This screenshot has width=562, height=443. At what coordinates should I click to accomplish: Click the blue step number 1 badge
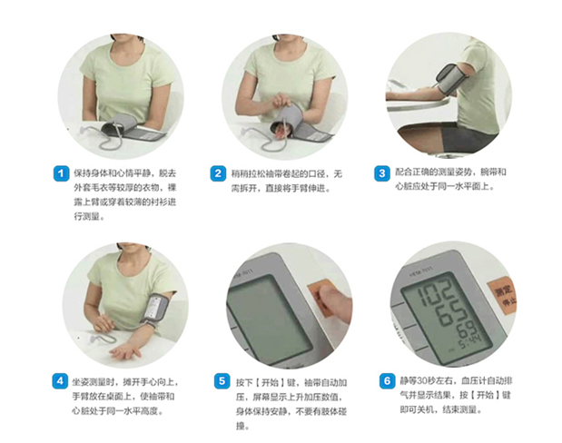[61, 173]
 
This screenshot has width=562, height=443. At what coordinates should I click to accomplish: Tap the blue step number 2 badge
[218, 173]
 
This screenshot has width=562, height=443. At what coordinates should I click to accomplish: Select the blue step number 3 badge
[381, 173]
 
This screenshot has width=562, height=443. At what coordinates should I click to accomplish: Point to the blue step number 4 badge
[60, 381]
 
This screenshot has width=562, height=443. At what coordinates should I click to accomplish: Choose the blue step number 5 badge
[222, 381]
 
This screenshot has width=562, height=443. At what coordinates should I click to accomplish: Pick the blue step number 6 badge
[387, 380]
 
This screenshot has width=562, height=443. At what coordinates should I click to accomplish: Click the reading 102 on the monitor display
[436, 291]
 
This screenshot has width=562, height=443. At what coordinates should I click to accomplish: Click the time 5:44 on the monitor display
[471, 343]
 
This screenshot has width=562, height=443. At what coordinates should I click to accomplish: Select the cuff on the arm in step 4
[156, 310]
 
